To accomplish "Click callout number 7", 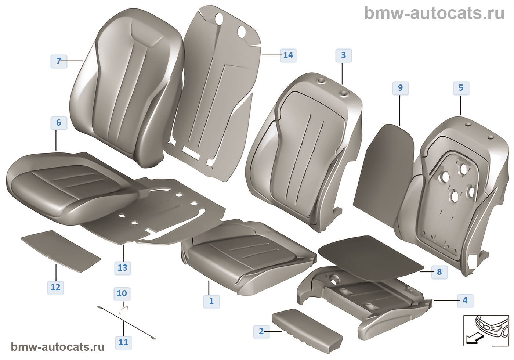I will click(x=59, y=61).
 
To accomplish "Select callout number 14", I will click(x=288, y=55).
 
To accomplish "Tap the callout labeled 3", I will click(x=344, y=55).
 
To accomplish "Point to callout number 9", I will click(x=400, y=88).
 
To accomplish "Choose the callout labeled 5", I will click(x=461, y=88).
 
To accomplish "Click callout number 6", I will click(x=59, y=123).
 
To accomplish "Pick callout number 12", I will click(x=55, y=287).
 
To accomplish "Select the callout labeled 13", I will click(x=123, y=267).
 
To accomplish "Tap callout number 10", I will click(x=122, y=294).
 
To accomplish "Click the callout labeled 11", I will click(x=123, y=342).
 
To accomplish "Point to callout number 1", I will click(x=211, y=301).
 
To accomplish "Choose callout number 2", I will click(x=261, y=331).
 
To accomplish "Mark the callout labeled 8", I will click(x=439, y=272).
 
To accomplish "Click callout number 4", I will click(x=465, y=300).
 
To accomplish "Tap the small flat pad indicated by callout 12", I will click(x=61, y=251).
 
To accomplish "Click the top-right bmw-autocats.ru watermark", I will click(x=434, y=13).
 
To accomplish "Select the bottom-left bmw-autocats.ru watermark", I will click(x=58, y=347).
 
